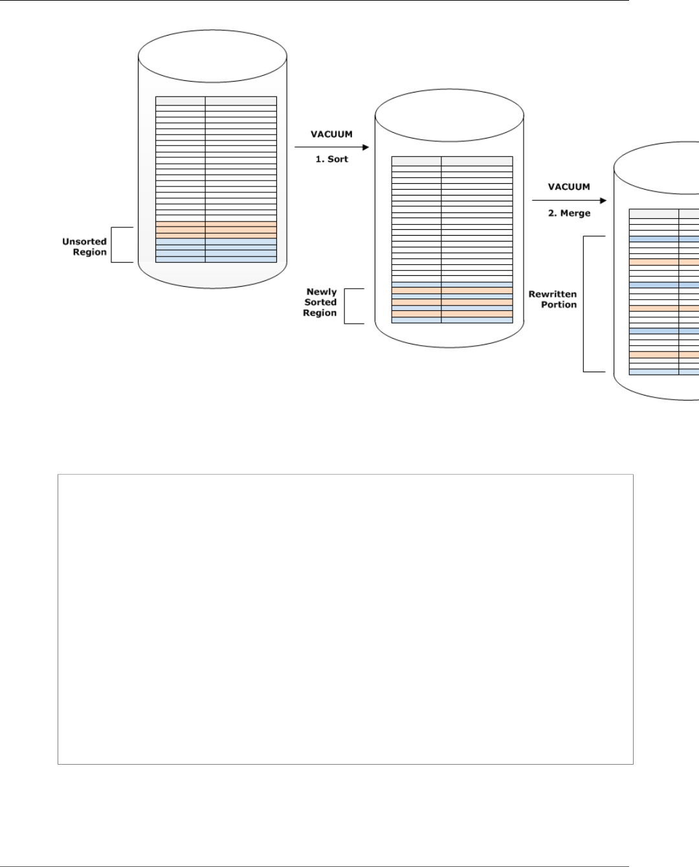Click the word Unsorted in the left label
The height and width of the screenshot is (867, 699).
(84, 242)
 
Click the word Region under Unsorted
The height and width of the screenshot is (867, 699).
(89, 253)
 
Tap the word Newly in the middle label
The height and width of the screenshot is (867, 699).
(321, 292)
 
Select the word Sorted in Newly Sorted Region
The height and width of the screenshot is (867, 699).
(320, 302)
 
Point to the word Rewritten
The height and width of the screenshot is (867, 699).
(552, 294)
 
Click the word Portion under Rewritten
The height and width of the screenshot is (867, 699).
(559, 305)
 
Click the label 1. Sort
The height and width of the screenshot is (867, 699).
(331, 159)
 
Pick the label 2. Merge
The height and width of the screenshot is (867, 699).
(569, 213)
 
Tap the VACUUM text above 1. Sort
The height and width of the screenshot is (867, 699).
(331, 135)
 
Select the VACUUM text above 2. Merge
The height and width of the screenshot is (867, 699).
(569, 187)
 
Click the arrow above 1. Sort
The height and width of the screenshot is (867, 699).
(331, 148)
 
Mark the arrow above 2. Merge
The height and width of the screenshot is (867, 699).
(569, 201)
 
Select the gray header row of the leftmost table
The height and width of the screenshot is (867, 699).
(216, 101)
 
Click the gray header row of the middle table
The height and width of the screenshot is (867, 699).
(452, 161)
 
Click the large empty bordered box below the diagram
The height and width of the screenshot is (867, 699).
(345, 619)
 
